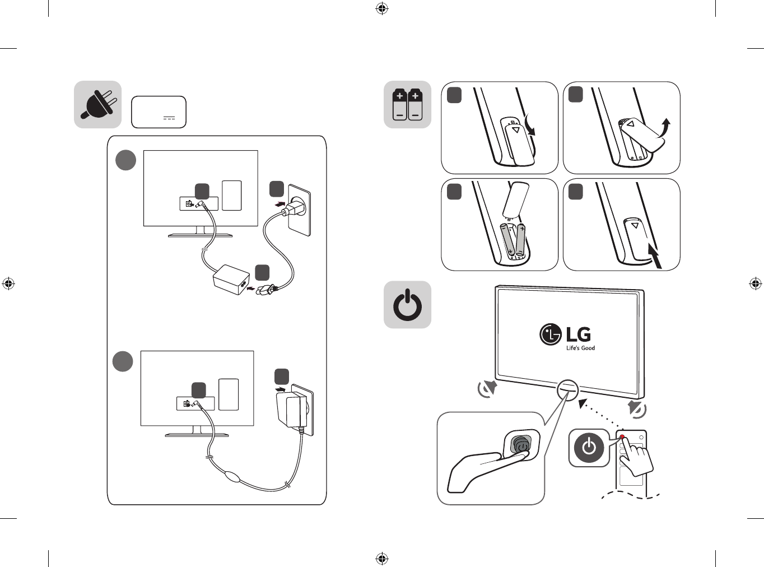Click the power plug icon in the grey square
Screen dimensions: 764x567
97,104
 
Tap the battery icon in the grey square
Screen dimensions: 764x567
408,105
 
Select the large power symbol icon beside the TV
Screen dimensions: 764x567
408,305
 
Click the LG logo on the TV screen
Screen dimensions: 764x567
565,334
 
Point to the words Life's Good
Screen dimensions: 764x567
580,348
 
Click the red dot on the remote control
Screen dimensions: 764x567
622,437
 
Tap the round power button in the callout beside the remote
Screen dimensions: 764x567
589,448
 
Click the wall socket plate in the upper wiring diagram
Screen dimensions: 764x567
299,210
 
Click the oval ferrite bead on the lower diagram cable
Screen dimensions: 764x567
233,477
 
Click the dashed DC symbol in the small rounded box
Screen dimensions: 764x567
169,118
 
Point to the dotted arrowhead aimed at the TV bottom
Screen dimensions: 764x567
583,403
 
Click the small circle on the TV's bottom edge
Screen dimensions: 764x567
567,390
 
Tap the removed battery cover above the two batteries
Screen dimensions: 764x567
515,200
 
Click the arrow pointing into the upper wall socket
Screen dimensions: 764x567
282,204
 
